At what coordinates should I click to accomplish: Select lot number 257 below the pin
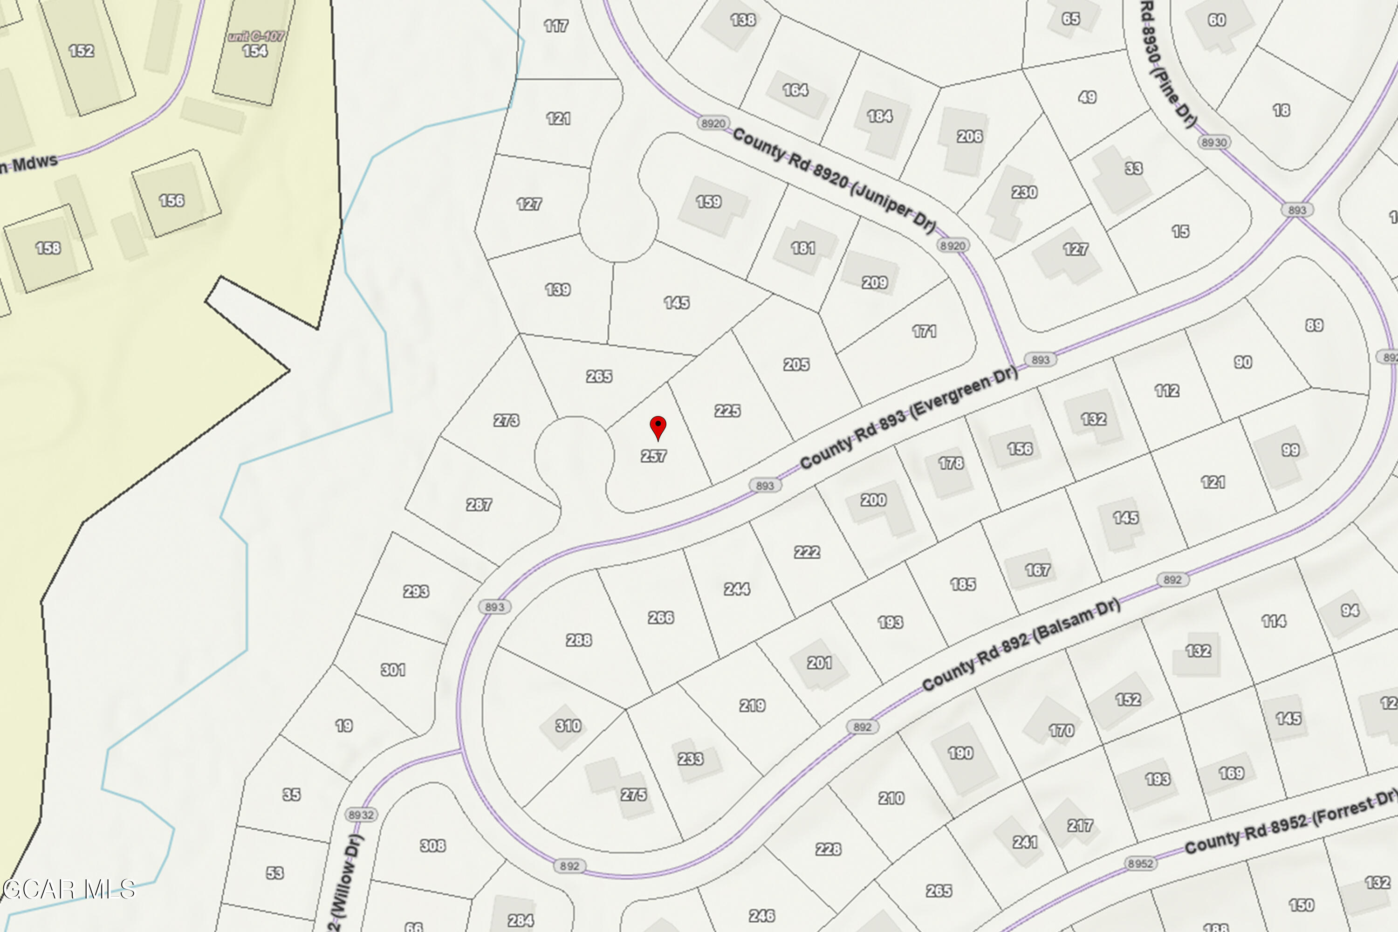tap(653, 456)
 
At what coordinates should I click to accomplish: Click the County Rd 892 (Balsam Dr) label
tap(1021, 645)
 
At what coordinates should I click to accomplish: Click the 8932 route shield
tap(361, 814)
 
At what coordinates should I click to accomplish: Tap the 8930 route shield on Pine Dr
tap(1214, 142)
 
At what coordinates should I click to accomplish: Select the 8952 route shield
tap(1139, 863)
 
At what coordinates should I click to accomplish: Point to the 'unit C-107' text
tap(256, 37)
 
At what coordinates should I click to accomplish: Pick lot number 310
tap(568, 726)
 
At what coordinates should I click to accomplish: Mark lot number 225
tap(727, 411)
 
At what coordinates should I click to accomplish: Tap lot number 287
tap(479, 505)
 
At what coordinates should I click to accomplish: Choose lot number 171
tap(924, 331)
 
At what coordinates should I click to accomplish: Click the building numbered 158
tap(48, 248)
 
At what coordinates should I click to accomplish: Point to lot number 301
tap(393, 670)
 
